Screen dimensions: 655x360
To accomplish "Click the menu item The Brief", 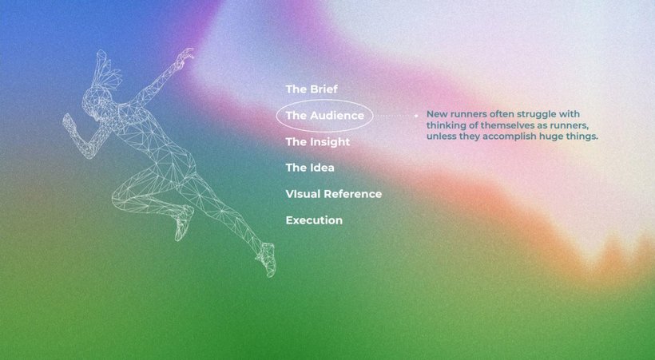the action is click(x=312, y=89).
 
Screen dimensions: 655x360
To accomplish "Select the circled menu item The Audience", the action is click(x=324, y=115).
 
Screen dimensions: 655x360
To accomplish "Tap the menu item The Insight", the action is click(x=318, y=142).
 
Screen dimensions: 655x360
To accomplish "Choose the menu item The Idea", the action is click(x=310, y=168).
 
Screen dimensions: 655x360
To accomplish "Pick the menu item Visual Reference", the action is click(x=334, y=194).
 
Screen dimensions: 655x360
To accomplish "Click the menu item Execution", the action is click(x=314, y=220).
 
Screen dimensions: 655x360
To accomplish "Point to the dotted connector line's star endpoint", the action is click(x=415, y=116).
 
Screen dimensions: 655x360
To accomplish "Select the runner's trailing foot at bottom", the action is click(x=267, y=259).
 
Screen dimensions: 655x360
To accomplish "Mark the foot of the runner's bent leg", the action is click(x=183, y=224).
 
